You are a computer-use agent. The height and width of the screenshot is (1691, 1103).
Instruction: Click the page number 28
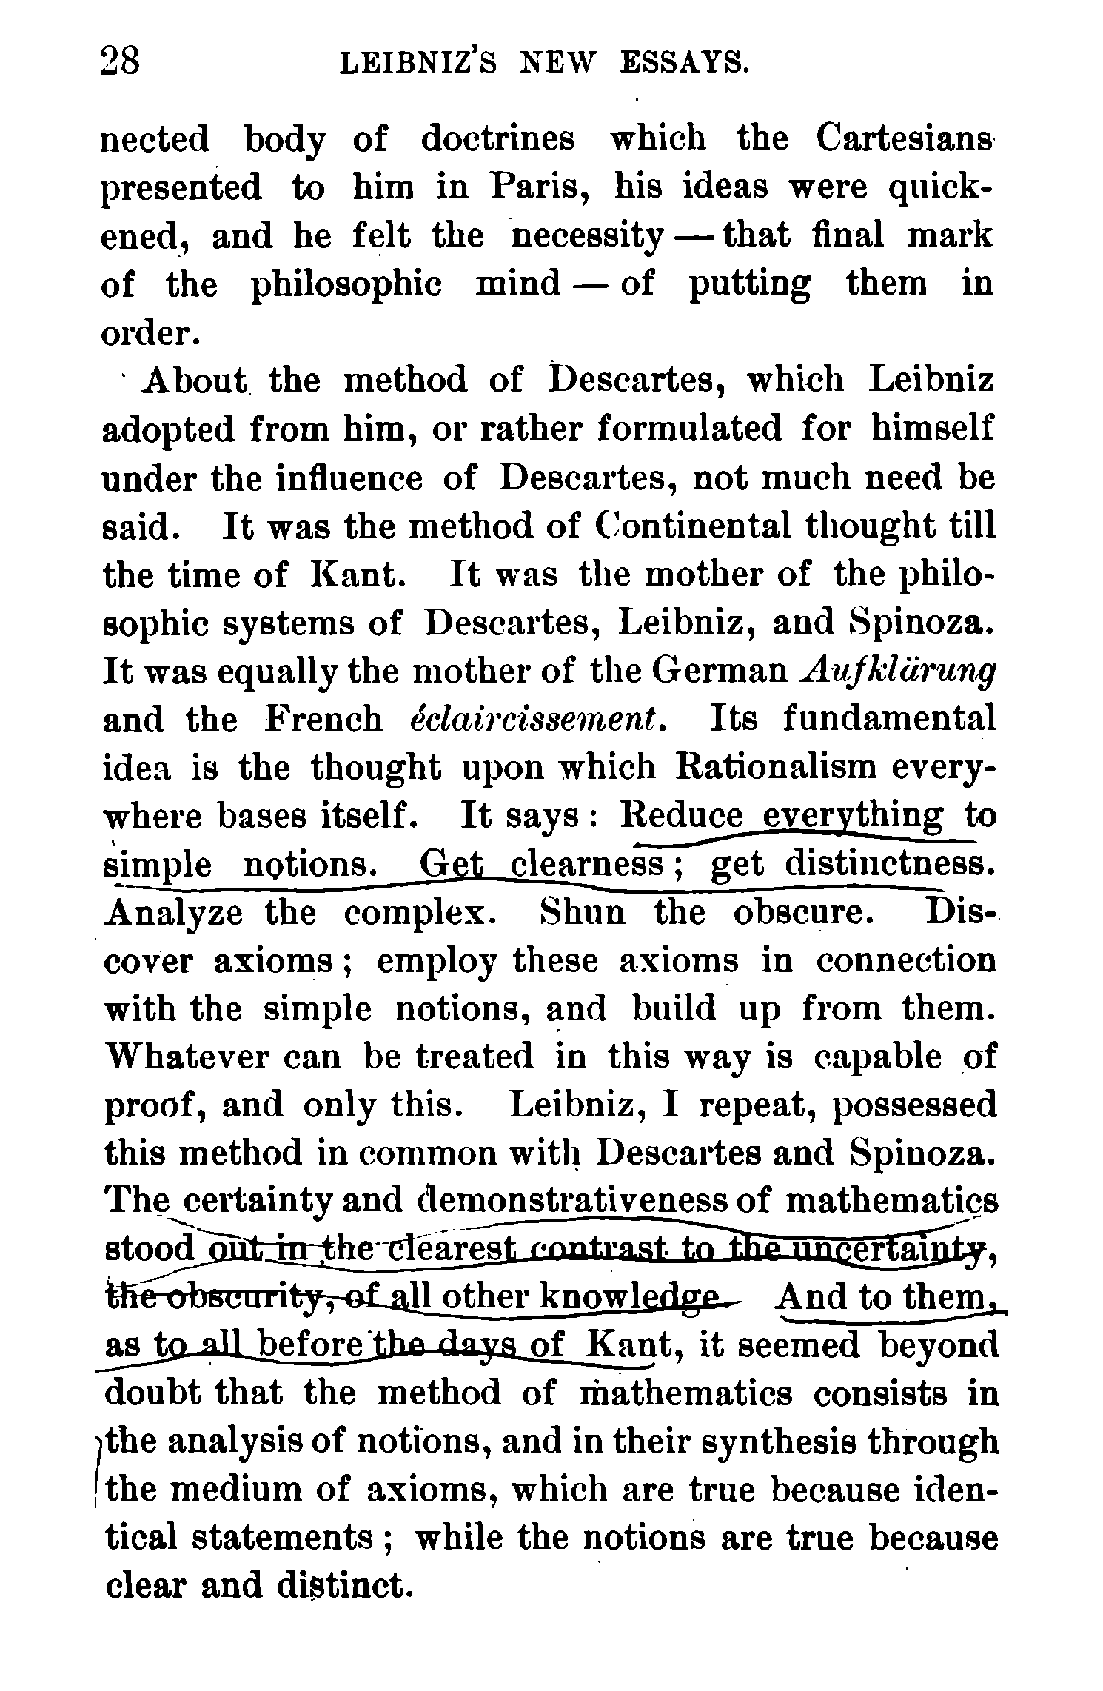click(x=120, y=62)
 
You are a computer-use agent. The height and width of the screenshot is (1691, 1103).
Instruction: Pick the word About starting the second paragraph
click(x=197, y=381)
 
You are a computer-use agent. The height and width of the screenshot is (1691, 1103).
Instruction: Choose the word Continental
click(x=696, y=526)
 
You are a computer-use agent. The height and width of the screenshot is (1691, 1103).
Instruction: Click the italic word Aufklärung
click(x=899, y=672)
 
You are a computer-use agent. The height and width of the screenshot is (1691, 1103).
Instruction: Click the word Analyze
click(x=175, y=914)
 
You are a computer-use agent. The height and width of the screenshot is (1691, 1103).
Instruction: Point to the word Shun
click(x=582, y=913)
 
